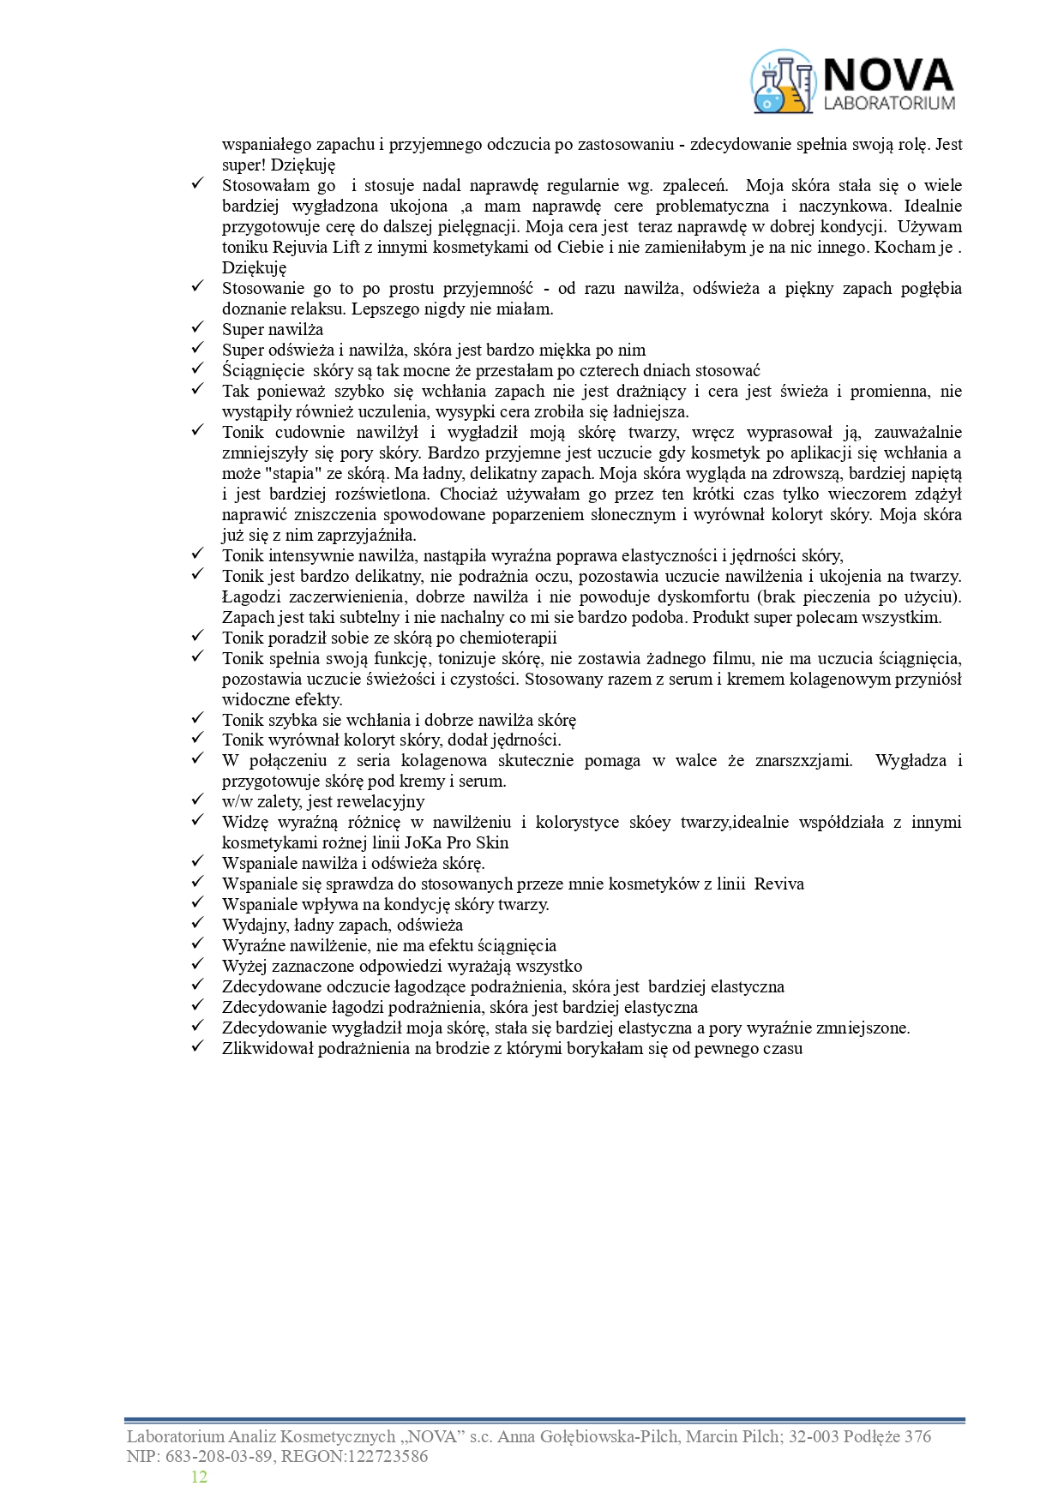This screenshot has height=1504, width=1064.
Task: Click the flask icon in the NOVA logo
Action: click(783, 83)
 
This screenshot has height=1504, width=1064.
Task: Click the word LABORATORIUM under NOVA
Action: click(888, 103)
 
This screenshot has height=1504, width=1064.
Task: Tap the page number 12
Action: click(199, 1477)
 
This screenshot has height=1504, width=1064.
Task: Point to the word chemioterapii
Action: click(509, 638)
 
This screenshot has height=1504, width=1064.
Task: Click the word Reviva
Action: click(778, 884)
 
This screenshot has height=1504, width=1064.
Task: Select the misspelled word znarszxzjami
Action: click(799, 760)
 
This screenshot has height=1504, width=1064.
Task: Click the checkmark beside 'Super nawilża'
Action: click(197, 327)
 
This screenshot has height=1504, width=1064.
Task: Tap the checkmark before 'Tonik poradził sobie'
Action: click(197, 636)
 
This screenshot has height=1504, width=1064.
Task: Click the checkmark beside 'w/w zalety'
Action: click(197, 800)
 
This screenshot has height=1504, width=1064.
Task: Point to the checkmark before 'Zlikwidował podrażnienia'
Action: click(197, 1046)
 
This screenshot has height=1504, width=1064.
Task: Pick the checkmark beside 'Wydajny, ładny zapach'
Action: click(197, 923)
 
